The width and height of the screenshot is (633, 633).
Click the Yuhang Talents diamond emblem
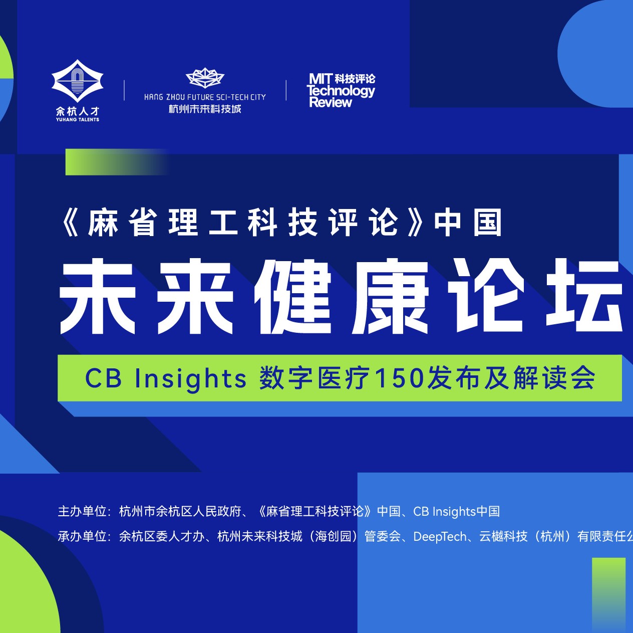coord(78,81)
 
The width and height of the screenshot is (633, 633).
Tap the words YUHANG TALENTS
coord(78,120)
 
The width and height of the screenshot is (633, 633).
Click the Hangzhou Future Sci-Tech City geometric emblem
coord(205,78)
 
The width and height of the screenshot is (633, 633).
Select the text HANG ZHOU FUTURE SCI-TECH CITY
coord(205,97)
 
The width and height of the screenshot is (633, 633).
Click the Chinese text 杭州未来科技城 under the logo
coord(205,109)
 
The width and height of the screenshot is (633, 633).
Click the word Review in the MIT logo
coord(331,103)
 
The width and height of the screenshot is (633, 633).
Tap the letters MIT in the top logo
coord(321,79)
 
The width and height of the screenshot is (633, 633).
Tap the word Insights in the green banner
coord(191,379)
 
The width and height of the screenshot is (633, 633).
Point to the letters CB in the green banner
coord(103,378)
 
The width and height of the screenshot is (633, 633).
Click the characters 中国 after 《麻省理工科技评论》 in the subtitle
coord(468,223)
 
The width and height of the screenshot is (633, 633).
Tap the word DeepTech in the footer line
coord(440,537)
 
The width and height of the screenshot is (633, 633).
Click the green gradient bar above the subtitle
coord(117,162)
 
